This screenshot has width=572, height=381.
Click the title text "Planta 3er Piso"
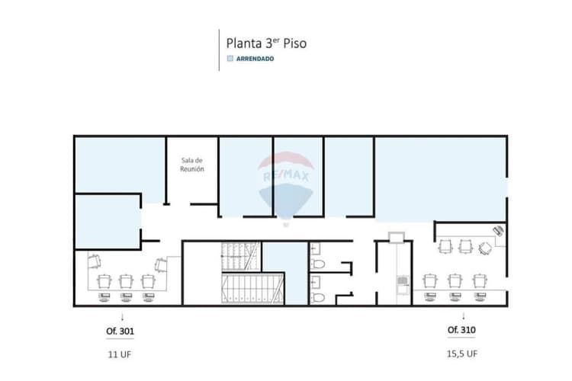tap(266, 43)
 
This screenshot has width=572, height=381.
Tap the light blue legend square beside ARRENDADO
tap(230, 59)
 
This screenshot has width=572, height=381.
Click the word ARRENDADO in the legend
tap(255, 59)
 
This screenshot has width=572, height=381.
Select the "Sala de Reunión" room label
tap(192, 165)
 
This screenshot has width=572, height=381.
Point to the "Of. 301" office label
tap(120, 331)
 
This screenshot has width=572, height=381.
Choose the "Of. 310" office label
tap(461, 330)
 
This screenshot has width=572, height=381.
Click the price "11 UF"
tap(119, 354)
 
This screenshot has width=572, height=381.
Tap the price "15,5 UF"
tap(462, 354)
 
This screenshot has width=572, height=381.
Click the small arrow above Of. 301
tap(122, 317)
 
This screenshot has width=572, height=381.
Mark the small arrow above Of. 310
tap(463, 315)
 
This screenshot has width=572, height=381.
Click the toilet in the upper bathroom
tap(318, 264)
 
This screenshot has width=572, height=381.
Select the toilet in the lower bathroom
tap(318, 297)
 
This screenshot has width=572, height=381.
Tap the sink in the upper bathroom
tap(316, 248)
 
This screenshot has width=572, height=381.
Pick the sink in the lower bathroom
tap(316, 281)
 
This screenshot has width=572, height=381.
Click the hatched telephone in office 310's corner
tap(498, 231)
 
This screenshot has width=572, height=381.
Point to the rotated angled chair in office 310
tap(485, 248)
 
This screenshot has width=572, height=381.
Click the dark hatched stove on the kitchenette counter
tap(403, 280)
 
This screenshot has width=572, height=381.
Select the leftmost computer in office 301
tap(104, 296)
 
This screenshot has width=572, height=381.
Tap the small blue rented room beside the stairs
tap(285, 273)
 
